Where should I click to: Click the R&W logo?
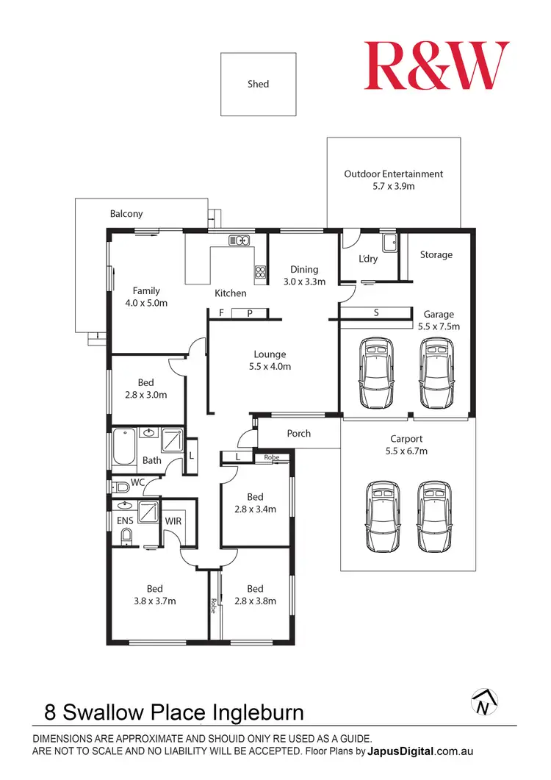(436, 66)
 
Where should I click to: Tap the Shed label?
(258, 84)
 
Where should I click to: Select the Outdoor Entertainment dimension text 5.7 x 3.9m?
(394, 187)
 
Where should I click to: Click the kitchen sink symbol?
(240, 240)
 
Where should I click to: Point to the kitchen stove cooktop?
(260, 273)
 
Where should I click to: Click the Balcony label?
(126, 214)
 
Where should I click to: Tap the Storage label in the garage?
(436, 255)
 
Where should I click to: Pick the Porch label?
(298, 434)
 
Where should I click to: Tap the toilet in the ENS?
(126, 537)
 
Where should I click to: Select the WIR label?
(173, 520)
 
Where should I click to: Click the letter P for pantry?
(250, 313)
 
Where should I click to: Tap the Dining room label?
(303, 269)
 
